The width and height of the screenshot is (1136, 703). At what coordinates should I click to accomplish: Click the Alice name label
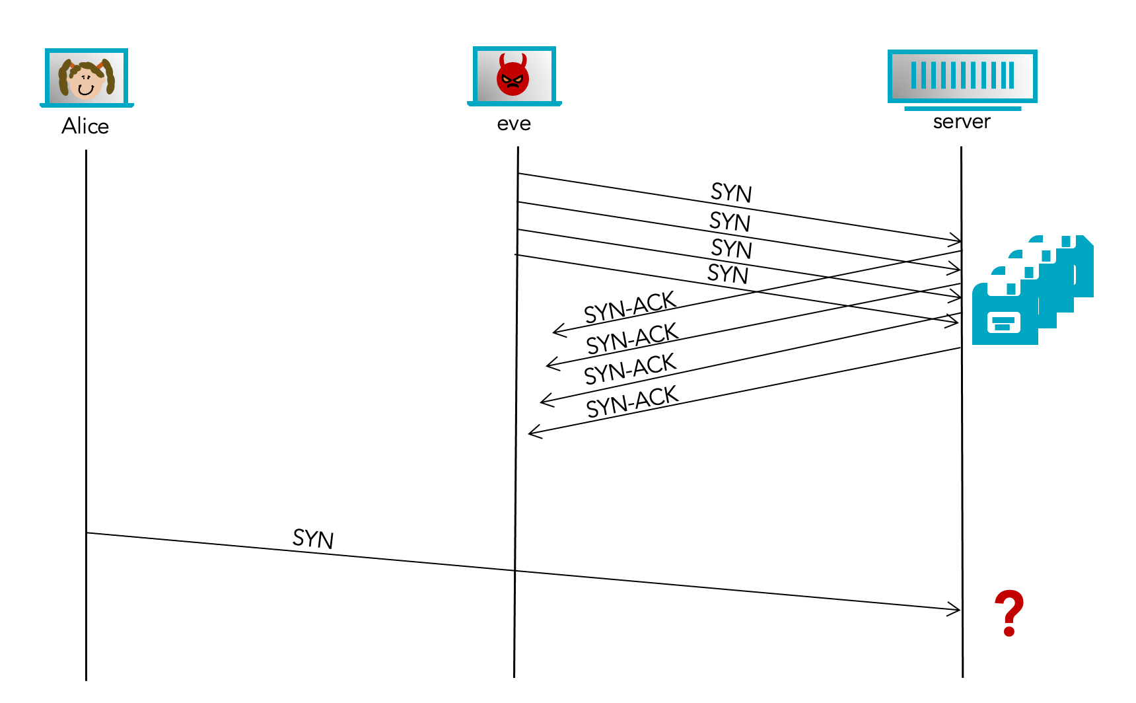click(85, 126)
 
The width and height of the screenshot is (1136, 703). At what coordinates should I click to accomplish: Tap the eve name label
click(514, 124)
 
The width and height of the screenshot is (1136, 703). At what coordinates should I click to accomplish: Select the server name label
click(962, 122)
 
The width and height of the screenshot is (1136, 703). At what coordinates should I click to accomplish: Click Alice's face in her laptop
click(87, 80)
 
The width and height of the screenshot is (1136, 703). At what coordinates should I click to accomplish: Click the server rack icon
click(962, 77)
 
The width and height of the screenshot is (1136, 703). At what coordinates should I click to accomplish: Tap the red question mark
click(1009, 613)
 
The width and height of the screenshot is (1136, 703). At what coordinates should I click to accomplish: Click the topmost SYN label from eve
click(731, 192)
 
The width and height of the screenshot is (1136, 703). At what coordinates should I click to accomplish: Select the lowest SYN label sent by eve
click(728, 274)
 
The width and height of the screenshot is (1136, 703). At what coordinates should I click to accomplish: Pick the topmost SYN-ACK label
click(630, 307)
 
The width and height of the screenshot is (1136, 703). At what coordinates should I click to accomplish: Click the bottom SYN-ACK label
click(632, 402)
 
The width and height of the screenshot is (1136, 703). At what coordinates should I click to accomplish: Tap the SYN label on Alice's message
click(313, 538)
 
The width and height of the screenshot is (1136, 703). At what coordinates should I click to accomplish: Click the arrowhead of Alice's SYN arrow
click(956, 609)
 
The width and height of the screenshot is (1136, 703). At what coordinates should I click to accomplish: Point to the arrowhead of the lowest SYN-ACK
click(533, 433)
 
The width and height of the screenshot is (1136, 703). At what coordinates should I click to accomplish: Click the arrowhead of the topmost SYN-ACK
click(557, 330)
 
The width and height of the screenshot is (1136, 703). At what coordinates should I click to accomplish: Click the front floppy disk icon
click(1004, 313)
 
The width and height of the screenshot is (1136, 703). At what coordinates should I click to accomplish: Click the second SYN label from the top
click(730, 221)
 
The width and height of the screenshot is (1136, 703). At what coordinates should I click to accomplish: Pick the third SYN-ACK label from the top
click(630, 369)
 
